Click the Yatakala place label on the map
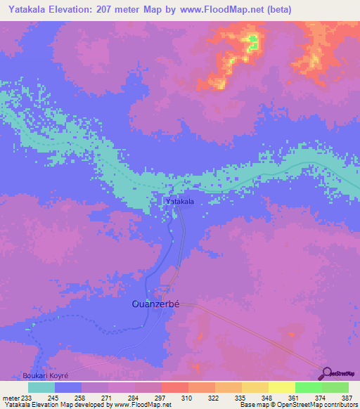pos(179,202)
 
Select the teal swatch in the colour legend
pos(41,387)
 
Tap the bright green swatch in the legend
pos(308,387)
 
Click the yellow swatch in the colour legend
pos(281,387)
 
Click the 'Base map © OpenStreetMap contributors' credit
pos(297,405)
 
